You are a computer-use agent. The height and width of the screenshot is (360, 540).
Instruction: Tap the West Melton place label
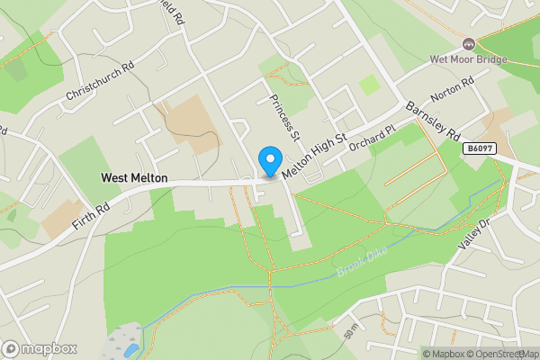point(134,179)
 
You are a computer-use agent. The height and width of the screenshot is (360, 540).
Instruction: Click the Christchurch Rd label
point(100,82)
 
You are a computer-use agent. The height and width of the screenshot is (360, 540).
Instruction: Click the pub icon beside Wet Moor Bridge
point(468,43)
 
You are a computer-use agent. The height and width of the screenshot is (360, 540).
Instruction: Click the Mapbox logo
point(40,348)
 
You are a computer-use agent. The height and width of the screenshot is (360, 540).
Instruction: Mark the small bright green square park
point(370,85)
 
